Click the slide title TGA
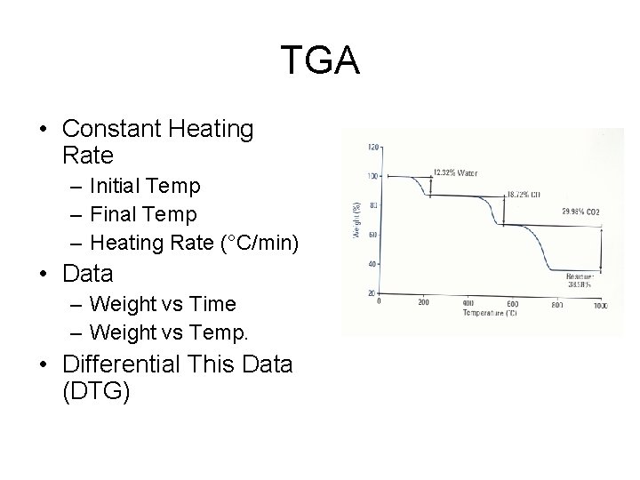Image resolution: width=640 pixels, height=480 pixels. click(320, 60)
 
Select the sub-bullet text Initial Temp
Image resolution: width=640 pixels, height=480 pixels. click(146, 186)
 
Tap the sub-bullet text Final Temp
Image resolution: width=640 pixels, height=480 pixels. click(143, 214)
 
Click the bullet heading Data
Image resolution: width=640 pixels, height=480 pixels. click(88, 274)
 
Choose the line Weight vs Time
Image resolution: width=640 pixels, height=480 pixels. click(163, 304)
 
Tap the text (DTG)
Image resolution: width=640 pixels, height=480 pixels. click(97, 392)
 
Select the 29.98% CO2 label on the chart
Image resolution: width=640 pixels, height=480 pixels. click(580, 212)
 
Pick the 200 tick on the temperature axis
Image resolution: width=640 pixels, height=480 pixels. click(423, 303)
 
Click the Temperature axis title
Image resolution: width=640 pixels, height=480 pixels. click(489, 313)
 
